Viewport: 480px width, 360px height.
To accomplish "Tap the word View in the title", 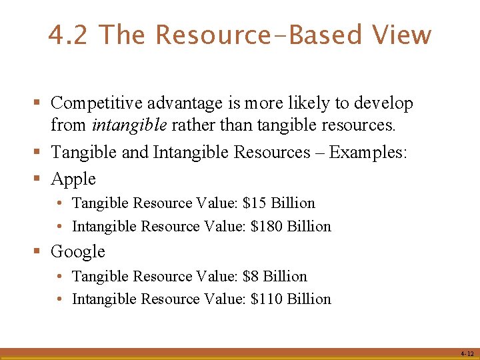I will click(x=402, y=35).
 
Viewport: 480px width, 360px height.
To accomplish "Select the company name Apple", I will click(x=73, y=179).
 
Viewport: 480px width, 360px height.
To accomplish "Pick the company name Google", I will click(x=78, y=252).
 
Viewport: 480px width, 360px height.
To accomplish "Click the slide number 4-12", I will click(x=467, y=353).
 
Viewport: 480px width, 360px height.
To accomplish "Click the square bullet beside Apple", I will click(x=39, y=179).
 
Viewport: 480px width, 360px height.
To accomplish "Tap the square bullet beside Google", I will click(x=39, y=252).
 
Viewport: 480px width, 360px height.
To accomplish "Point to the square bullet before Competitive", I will click(x=39, y=103).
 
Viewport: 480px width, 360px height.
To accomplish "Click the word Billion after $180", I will click(x=309, y=227).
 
